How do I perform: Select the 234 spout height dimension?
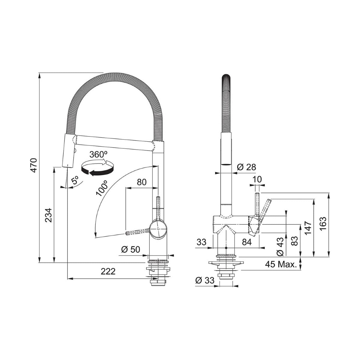(x=49, y=215)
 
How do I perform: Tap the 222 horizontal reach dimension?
(x=108, y=271)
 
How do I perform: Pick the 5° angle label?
(x=75, y=181)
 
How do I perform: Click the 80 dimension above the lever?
(x=141, y=182)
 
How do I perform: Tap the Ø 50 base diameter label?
(x=131, y=250)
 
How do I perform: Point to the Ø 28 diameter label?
(x=246, y=167)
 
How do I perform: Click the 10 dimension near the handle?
(x=257, y=179)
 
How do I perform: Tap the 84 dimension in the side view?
(x=247, y=242)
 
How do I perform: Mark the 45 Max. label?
(x=281, y=264)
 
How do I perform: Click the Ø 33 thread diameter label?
(x=205, y=280)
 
